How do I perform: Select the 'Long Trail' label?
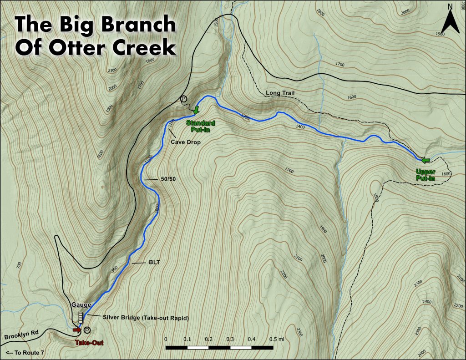tap(280, 93)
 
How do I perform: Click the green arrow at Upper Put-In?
tap(425, 160)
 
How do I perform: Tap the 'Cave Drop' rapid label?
tap(186, 142)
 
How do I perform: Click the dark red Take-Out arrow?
tap(77, 330)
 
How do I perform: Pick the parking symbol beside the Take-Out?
tap(87, 330)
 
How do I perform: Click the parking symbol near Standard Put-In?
tap(184, 99)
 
